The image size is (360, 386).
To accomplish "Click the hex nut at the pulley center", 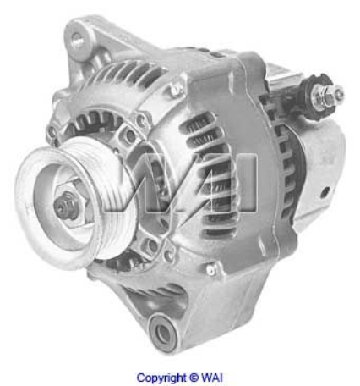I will (x=65, y=204).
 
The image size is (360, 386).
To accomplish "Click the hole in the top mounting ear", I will (x=81, y=39).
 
